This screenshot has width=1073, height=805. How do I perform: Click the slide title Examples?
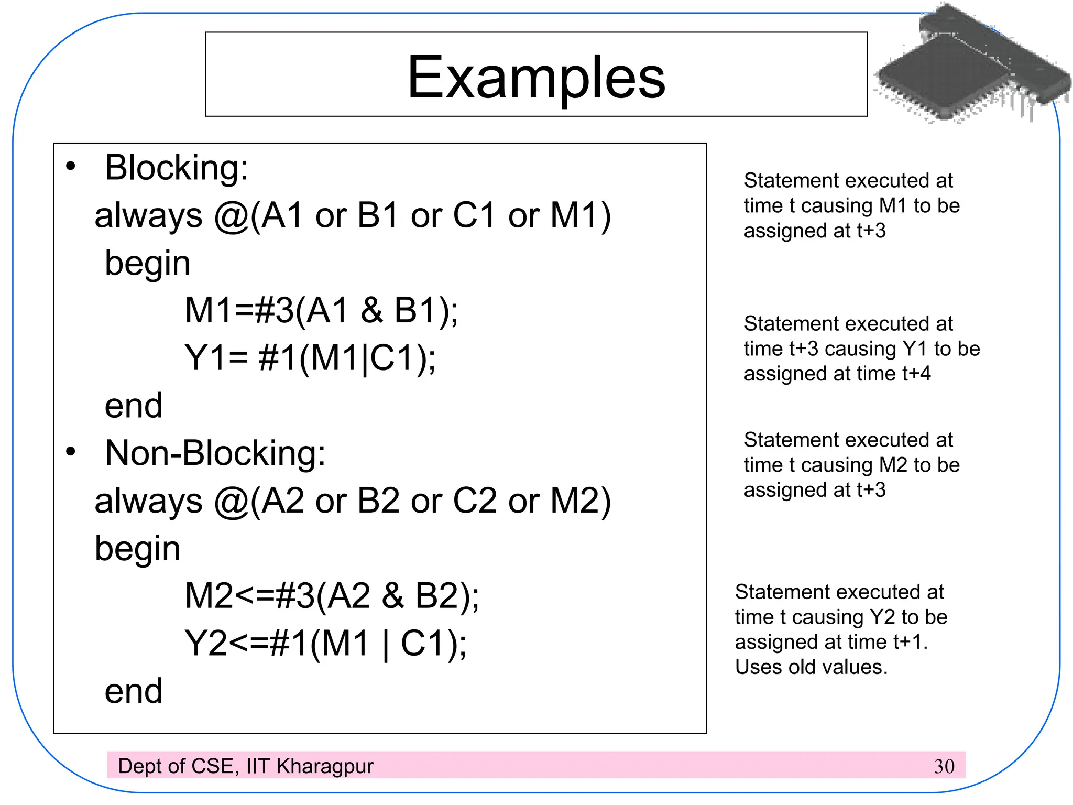tap(536, 78)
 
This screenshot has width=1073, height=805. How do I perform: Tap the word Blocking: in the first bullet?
tap(177, 168)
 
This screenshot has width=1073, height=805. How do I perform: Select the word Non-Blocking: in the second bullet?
tap(215, 453)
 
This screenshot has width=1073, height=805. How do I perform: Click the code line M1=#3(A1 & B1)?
tap(321, 310)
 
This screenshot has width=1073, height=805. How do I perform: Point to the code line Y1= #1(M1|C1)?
tap(310, 358)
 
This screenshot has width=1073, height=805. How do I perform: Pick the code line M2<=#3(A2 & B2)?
tap(332, 596)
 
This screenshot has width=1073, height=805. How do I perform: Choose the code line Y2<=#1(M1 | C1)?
tap(325, 644)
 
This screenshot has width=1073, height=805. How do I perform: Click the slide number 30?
tap(944, 766)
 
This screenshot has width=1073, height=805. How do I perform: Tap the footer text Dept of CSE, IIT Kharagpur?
tap(246, 766)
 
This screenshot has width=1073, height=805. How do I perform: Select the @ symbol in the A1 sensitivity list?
tap(231, 216)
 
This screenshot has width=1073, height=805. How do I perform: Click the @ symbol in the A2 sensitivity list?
tap(231, 502)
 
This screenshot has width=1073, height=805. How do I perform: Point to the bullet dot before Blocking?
tap(71, 167)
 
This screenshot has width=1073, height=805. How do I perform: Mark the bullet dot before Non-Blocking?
tap(71, 451)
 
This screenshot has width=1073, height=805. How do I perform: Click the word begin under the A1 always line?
tap(147, 263)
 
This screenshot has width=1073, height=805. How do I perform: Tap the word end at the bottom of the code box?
tap(134, 691)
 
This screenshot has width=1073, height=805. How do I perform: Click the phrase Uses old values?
tap(811, 667)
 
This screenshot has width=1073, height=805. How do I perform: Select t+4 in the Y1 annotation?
tap(916, 374)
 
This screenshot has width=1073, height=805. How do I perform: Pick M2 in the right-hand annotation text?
tap(893, 465)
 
